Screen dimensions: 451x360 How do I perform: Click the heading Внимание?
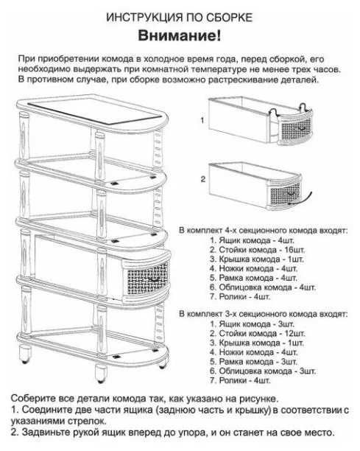click(x=180, y=36)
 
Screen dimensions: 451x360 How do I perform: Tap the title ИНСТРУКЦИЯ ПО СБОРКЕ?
click(x=180, y=16)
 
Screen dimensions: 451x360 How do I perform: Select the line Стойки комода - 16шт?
click(x=255, y=250)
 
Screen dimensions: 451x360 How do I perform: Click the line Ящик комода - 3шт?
click(x=253, y=323)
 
